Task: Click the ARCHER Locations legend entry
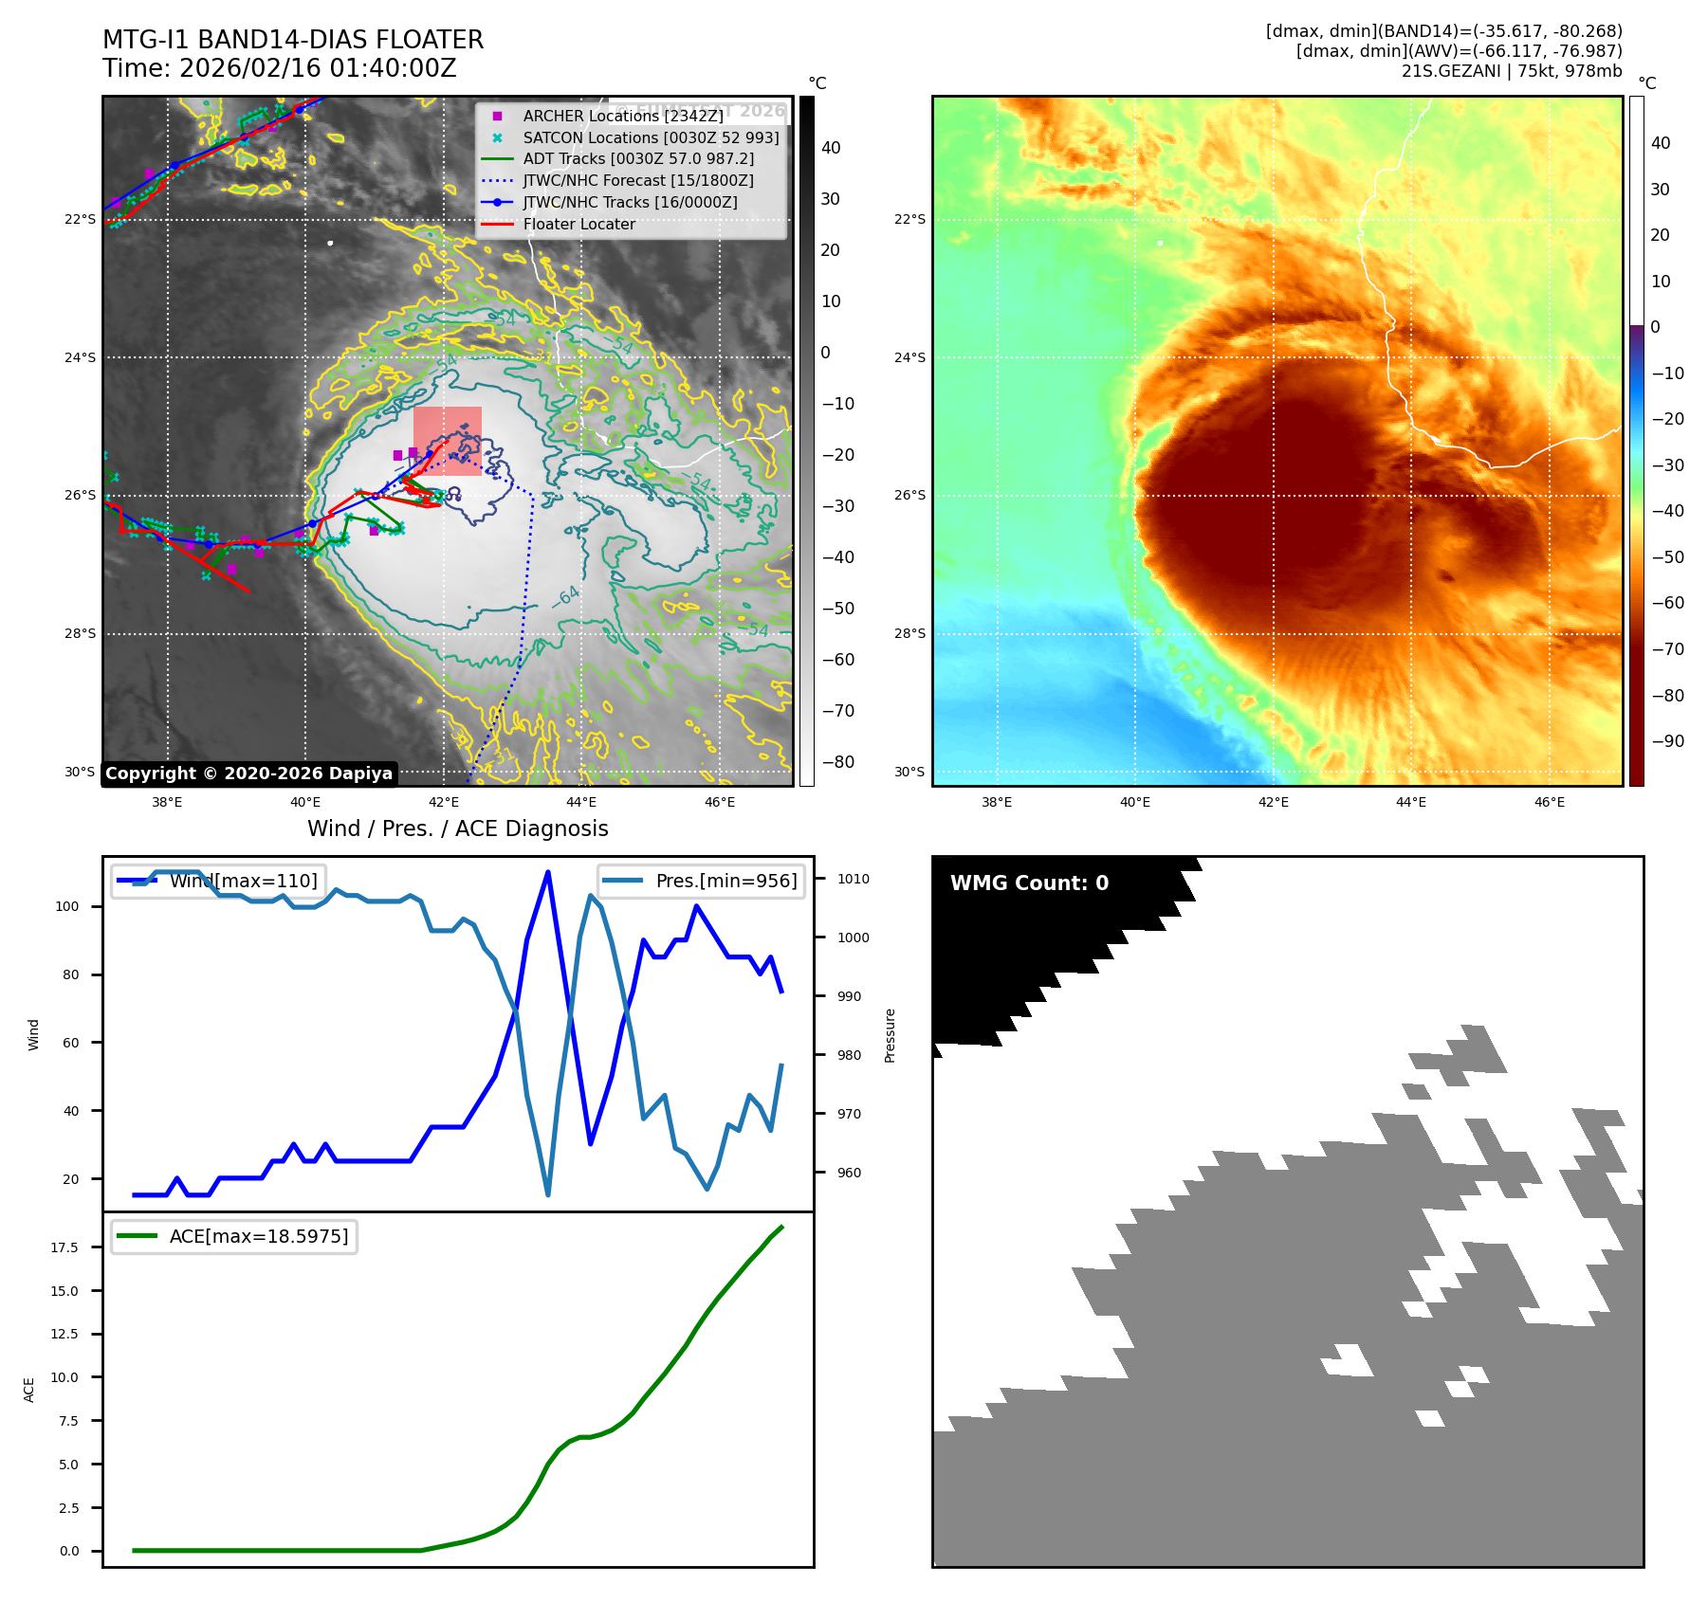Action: click(x=622, y=116)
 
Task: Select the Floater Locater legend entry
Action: click(x=579, y=224)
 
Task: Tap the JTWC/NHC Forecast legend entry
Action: click(x=637, y=180)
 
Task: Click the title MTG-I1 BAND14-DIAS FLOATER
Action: click(x=293, y=40)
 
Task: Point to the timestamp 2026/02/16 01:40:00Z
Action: click(x=318, y=68)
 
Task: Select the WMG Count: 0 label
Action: click(x=1029, y=883)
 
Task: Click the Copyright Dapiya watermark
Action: click(x=248, y=774)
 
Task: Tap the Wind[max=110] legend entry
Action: click(x=243, y=881)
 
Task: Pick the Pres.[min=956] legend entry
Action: click(x=725, y=881)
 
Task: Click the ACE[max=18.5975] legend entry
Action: click(x=258, y=1236)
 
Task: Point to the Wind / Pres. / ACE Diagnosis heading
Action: click(x=457, y=828)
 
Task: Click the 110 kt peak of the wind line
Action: click(x=548, y=872)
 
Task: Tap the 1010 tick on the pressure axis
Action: click(x=853, y=879)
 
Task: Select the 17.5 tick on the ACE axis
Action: click(x=64, y=1247)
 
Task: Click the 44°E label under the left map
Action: click(x=580, y=802)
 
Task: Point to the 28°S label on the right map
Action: click(x=909, y=633)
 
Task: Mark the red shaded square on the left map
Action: click(x=448, y=441)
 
